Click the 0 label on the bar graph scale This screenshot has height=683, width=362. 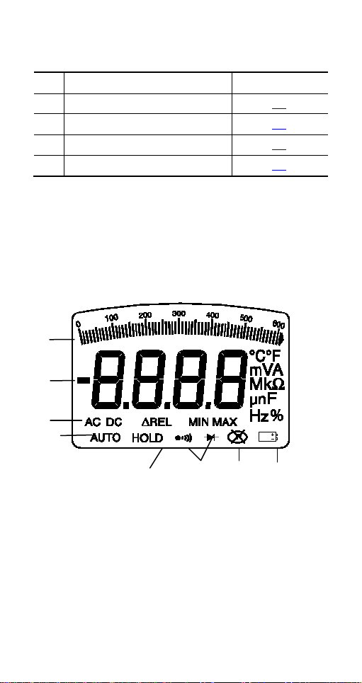point(78,323)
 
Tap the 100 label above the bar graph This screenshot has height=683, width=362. point(112,318)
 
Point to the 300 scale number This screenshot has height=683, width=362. point(179,313)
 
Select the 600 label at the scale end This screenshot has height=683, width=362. point(278,324)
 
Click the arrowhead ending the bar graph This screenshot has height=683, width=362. point(282,339)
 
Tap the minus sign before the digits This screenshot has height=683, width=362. point(84,380)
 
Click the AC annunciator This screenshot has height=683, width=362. point(93,422)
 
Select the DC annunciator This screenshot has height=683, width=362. point(114,422)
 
